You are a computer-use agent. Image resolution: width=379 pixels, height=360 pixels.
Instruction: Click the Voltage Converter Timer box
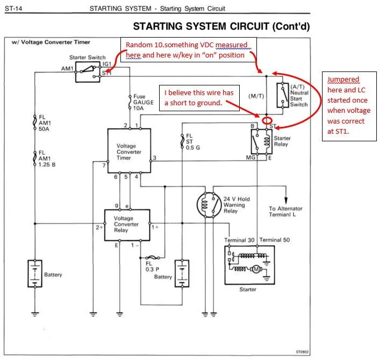click(129, 151)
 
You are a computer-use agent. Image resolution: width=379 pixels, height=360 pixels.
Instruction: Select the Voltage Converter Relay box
click(126, 224)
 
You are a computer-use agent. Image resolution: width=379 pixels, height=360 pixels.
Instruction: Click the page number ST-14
click(15, 9)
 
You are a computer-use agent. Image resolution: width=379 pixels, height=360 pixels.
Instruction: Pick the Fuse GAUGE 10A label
click(144, 102)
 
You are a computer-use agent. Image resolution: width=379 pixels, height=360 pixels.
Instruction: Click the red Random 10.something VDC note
click(188, 49)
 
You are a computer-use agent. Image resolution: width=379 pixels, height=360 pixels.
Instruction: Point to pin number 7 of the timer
click(104, 165)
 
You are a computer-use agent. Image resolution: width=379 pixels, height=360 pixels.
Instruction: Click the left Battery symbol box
click(34, 273)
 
